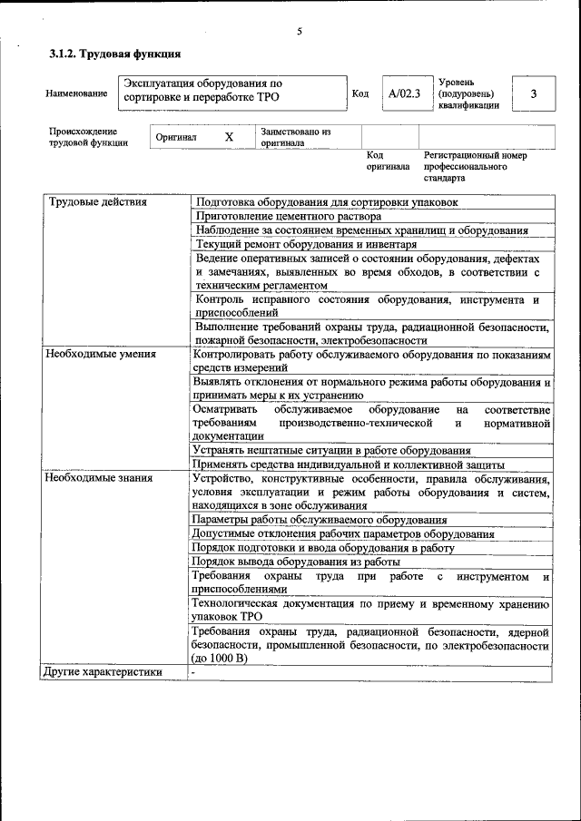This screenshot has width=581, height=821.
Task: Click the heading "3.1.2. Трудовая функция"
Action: coord(114,54)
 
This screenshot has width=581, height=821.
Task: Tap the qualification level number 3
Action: coord(534,93)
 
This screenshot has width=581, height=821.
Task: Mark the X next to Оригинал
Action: coord(229,137)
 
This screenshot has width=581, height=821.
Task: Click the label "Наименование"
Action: coord(76,93)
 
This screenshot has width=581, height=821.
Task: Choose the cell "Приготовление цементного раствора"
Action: coord(288,216)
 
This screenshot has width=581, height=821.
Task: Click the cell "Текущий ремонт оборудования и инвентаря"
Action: coord(306,244)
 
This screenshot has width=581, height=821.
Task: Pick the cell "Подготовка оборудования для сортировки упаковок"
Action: coord(327,201)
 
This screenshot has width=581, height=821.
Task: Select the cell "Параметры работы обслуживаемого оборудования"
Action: coord(320,520)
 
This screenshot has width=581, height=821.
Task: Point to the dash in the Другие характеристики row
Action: coord(194,672)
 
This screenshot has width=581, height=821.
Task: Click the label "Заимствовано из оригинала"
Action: coord(295,137)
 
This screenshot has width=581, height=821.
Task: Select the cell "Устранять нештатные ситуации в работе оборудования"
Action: coord(331,450)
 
